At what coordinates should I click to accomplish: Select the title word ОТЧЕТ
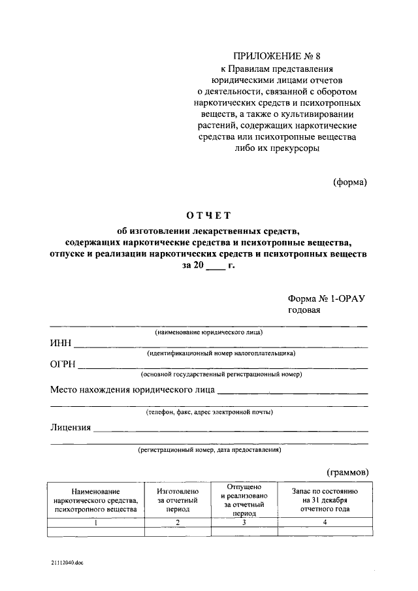[208, 216]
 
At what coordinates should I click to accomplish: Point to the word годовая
[305, 310]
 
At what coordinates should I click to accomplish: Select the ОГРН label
[63, 364]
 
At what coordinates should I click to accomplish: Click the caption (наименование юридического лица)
[208, 332]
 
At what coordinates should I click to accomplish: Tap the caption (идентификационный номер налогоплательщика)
[221, 353]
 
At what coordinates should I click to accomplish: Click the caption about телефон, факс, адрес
[209, 412]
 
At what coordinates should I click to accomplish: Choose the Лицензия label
[71, 428]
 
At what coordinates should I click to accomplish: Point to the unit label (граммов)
[347, 471]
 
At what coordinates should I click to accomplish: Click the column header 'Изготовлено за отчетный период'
[173, 500]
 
